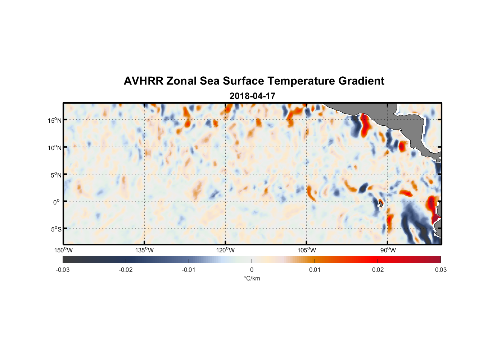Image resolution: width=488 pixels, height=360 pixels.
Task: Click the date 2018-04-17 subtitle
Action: point(252,96)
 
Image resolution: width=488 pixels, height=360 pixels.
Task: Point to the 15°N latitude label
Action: point(55,120)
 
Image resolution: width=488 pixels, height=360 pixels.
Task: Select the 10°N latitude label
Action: point(55,148)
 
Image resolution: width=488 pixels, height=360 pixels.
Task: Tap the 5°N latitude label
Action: point(56,175)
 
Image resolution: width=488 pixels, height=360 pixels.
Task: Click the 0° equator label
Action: point(57,202)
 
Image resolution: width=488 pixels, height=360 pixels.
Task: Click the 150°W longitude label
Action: point(64,250)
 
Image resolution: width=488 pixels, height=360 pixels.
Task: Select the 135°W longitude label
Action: point(144,250)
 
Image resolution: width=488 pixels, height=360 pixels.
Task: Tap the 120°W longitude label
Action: point(225,250)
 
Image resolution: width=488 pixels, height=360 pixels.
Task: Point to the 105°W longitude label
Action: point(307,250)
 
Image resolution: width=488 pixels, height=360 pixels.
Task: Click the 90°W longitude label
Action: point(388,250)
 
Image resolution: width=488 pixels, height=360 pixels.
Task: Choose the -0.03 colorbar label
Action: point(63,270)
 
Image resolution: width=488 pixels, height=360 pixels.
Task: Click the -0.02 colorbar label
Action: point(126,270)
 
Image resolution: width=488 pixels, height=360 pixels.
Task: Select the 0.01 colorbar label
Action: point(315,270)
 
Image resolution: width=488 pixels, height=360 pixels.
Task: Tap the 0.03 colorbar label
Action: point(440,270)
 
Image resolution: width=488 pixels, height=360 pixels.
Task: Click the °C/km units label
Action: point(252,278)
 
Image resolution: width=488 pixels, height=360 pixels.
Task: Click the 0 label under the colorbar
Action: point(252,270)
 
